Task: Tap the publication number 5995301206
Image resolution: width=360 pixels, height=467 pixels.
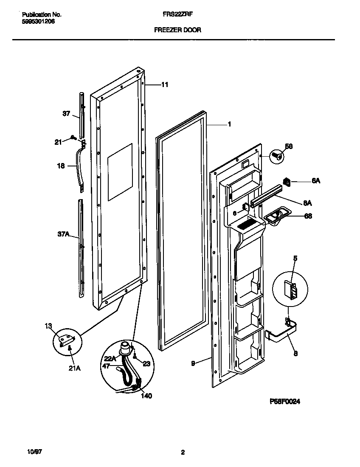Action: pos(38,21)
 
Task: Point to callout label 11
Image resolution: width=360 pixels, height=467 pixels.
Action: pos(165,85)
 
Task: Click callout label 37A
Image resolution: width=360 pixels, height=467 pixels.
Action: pos(64,234)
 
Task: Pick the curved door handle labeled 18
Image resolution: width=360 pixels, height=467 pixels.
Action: pos(79,166)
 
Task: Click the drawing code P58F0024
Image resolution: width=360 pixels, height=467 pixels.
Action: pos(285,402)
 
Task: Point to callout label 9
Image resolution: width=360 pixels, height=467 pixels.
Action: pos(193,363)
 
